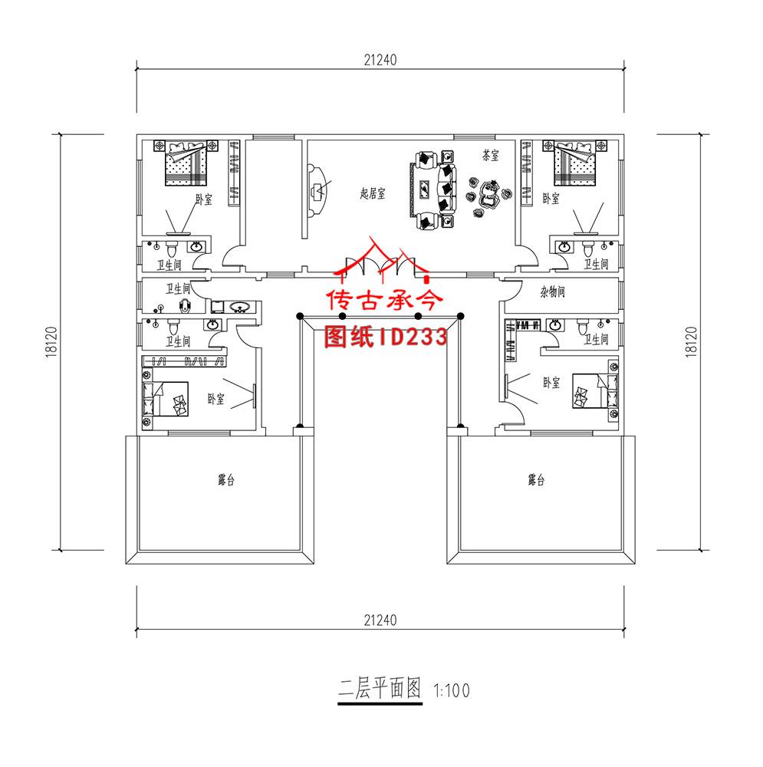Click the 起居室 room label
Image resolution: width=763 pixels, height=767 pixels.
click(x=373, y=195)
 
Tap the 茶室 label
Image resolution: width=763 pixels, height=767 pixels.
click(x=491, y=156)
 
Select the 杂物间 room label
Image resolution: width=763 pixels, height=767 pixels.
click(x=552, y=292)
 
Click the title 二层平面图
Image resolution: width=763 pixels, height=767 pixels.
click(x=380, y=689)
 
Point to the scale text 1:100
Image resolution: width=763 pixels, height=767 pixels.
click(x=452, y=690)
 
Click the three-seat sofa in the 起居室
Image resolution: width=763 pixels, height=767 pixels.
click(x=444, y=188)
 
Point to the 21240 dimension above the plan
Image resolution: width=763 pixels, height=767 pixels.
click(x=380, y=59)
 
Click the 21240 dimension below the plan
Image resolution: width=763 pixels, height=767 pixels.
click(x=380, y=619)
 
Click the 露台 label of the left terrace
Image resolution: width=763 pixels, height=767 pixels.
click(x=225, y=481)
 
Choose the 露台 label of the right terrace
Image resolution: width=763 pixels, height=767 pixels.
click(x=536, y=481)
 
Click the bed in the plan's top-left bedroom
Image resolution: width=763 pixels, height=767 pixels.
click(x=186, y=163)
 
